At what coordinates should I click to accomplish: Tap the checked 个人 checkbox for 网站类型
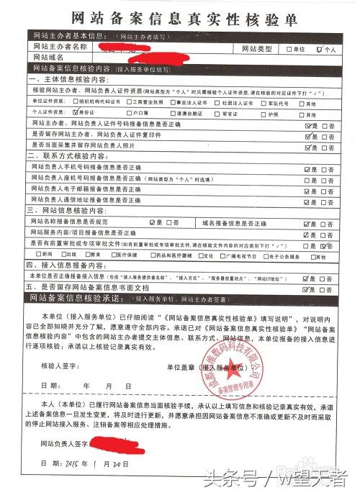pos(320,50)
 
